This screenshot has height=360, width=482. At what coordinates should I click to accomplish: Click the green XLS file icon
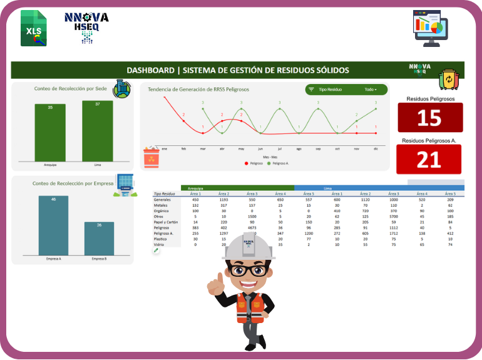point(33,28)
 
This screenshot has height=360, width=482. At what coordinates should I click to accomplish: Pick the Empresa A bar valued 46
point(53,225)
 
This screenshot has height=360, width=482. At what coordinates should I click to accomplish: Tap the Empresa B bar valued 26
point(99,239)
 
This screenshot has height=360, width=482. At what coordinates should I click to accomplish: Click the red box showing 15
point(430,118)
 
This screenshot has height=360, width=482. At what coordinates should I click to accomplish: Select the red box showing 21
point(430,159)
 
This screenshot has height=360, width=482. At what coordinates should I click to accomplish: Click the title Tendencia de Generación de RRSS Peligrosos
point(198,90)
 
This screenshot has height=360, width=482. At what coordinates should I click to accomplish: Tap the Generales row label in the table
point(162,199)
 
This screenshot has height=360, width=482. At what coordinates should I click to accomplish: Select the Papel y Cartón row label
point(165,222)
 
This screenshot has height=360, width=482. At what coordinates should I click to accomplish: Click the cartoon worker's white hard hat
point(249,246)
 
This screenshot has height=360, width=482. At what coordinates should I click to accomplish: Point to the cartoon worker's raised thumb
point(217,284)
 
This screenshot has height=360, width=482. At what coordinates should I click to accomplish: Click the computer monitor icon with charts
point(431,28)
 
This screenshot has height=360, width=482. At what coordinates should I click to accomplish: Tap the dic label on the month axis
point(376,148)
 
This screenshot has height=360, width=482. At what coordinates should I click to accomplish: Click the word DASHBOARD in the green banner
point(150,70)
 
